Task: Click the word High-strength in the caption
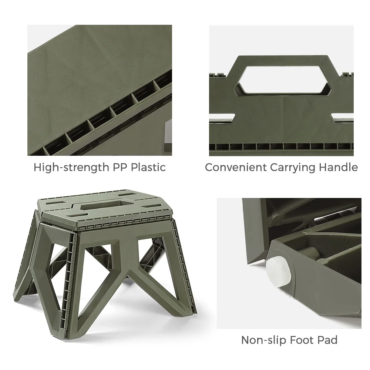tap(71, 168)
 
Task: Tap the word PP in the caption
tap(120, 167)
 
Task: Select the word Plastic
tap(148, 167)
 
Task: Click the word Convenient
tap(236, 167)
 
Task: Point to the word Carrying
tap(293, 168)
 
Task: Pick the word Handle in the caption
tap(339, 167)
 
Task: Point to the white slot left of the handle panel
tap(222, 118)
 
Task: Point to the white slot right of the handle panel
tap(342, 118)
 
